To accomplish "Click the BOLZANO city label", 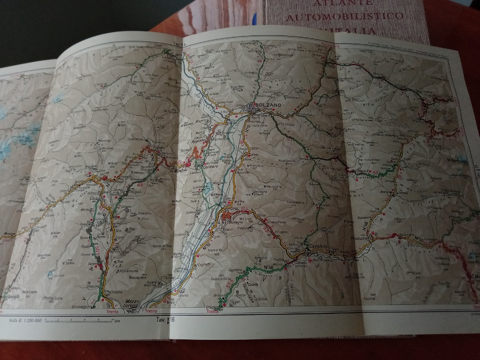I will pos(267,105).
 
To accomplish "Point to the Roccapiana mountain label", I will pos(128,277).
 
